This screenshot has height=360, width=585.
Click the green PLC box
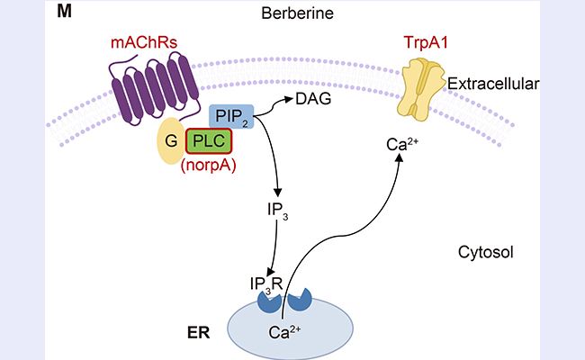209,142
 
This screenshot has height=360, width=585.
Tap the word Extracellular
495,85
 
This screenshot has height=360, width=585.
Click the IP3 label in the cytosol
278,212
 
